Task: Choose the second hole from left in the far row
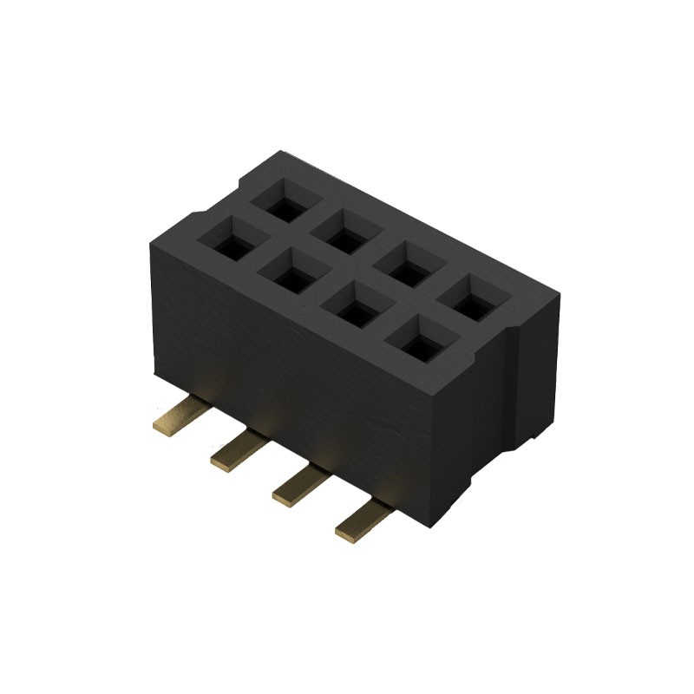pos(343,234)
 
